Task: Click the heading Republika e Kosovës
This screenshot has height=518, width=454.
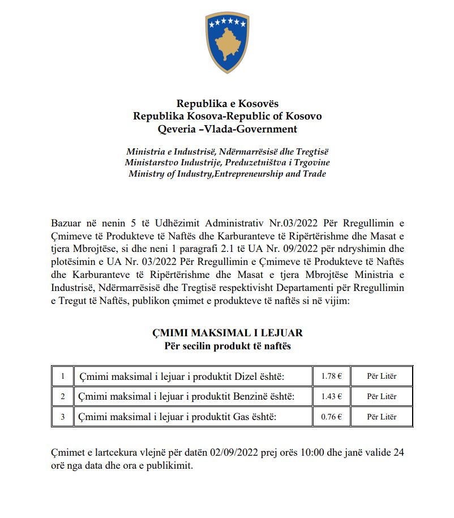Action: (227, 104)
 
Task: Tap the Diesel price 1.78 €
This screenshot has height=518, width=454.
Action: (331, 376)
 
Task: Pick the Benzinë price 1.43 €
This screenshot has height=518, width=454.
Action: (331, 396)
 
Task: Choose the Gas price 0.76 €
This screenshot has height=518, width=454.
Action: (331, 417)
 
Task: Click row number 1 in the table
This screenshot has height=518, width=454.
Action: (63, 376)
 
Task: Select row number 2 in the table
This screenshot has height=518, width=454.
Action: (63, 396)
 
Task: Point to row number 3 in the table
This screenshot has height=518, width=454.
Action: (63, 417)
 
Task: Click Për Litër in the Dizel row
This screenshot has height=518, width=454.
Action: (382, 376)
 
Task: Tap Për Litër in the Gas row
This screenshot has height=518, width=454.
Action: (382, 417)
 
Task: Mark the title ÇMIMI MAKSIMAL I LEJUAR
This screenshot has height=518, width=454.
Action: (227, 333)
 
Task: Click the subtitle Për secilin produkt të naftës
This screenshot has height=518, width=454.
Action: (227, 345)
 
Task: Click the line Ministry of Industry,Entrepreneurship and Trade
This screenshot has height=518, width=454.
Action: (227, 174)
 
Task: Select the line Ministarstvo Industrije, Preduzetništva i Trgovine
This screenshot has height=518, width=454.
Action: (227, 162)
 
